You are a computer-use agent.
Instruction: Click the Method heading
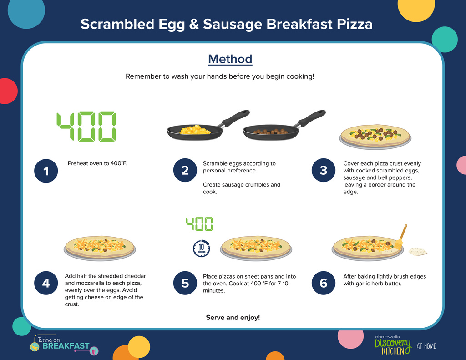pos(230,59)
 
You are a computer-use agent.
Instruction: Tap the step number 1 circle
pos(46,171)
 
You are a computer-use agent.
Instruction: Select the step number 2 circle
pos(185,170)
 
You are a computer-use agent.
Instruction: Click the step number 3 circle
pos(324,170)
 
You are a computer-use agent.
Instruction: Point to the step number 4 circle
pos(46,283)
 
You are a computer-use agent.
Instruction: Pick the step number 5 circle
pos(185,283)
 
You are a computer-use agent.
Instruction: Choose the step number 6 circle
pos(324,283)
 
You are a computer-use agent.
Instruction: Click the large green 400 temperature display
pos(86,127)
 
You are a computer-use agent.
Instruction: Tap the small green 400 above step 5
pos(199,224)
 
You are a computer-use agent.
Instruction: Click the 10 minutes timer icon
pos(202,248)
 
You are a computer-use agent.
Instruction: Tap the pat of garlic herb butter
pos(418,252)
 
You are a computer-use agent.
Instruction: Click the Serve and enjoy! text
pos(233,318)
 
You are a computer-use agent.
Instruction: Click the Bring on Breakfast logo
pos(64,345)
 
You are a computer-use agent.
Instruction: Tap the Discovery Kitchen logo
pos(393,345)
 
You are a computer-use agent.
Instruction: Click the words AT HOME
pos(426,346)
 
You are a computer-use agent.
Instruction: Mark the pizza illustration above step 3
pos(375,137)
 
